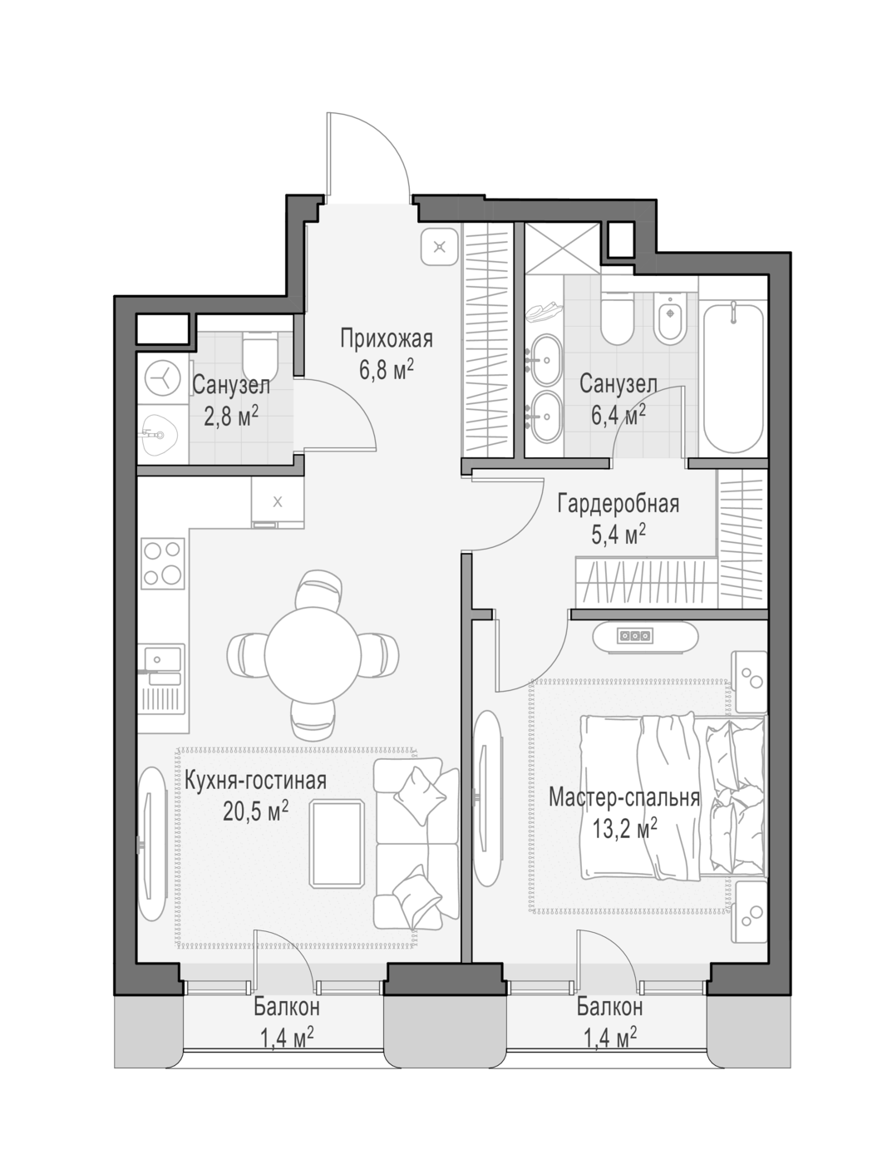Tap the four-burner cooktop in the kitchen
click(x=163, y=563)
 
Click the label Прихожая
click(x=386, y=338)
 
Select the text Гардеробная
click(x=618, y=504)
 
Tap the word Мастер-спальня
click(x=624, y=797)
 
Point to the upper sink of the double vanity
click(x=547, y=359)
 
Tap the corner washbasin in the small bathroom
click(x=163, y=433)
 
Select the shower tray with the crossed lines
click(x=563, y=248)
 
